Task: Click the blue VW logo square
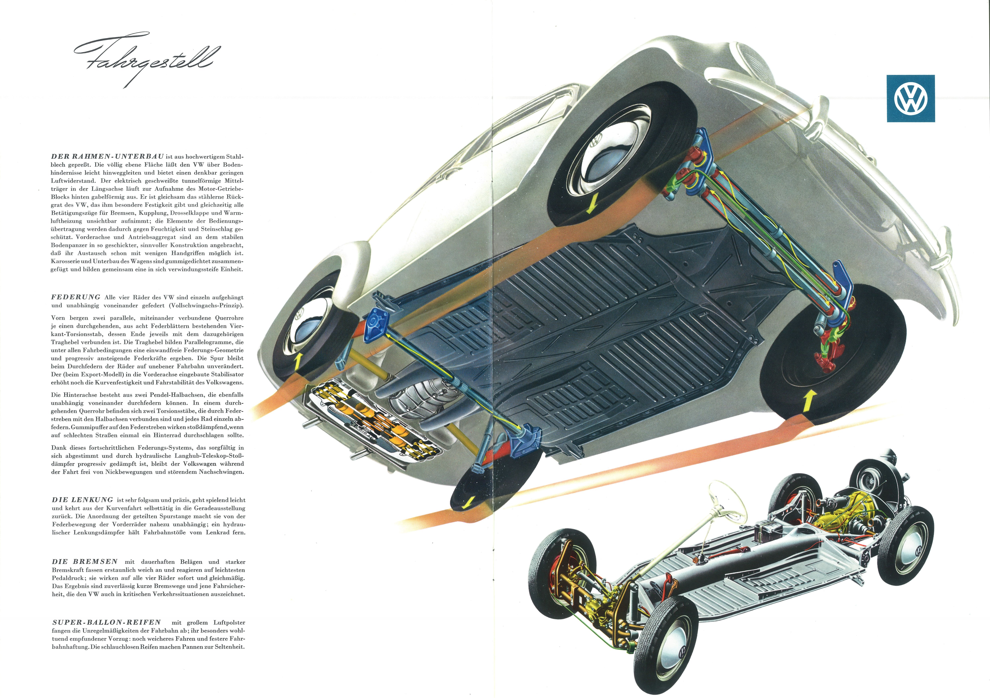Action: pos(911,98)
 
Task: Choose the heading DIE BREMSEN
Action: pos(85,562)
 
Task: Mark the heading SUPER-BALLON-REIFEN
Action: pos(107,622)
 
